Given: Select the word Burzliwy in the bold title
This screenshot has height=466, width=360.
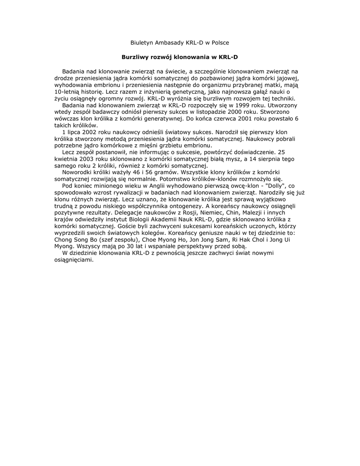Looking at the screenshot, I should [x=136, y=57].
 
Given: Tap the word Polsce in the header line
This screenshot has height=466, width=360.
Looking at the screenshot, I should [x=219, y=42].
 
